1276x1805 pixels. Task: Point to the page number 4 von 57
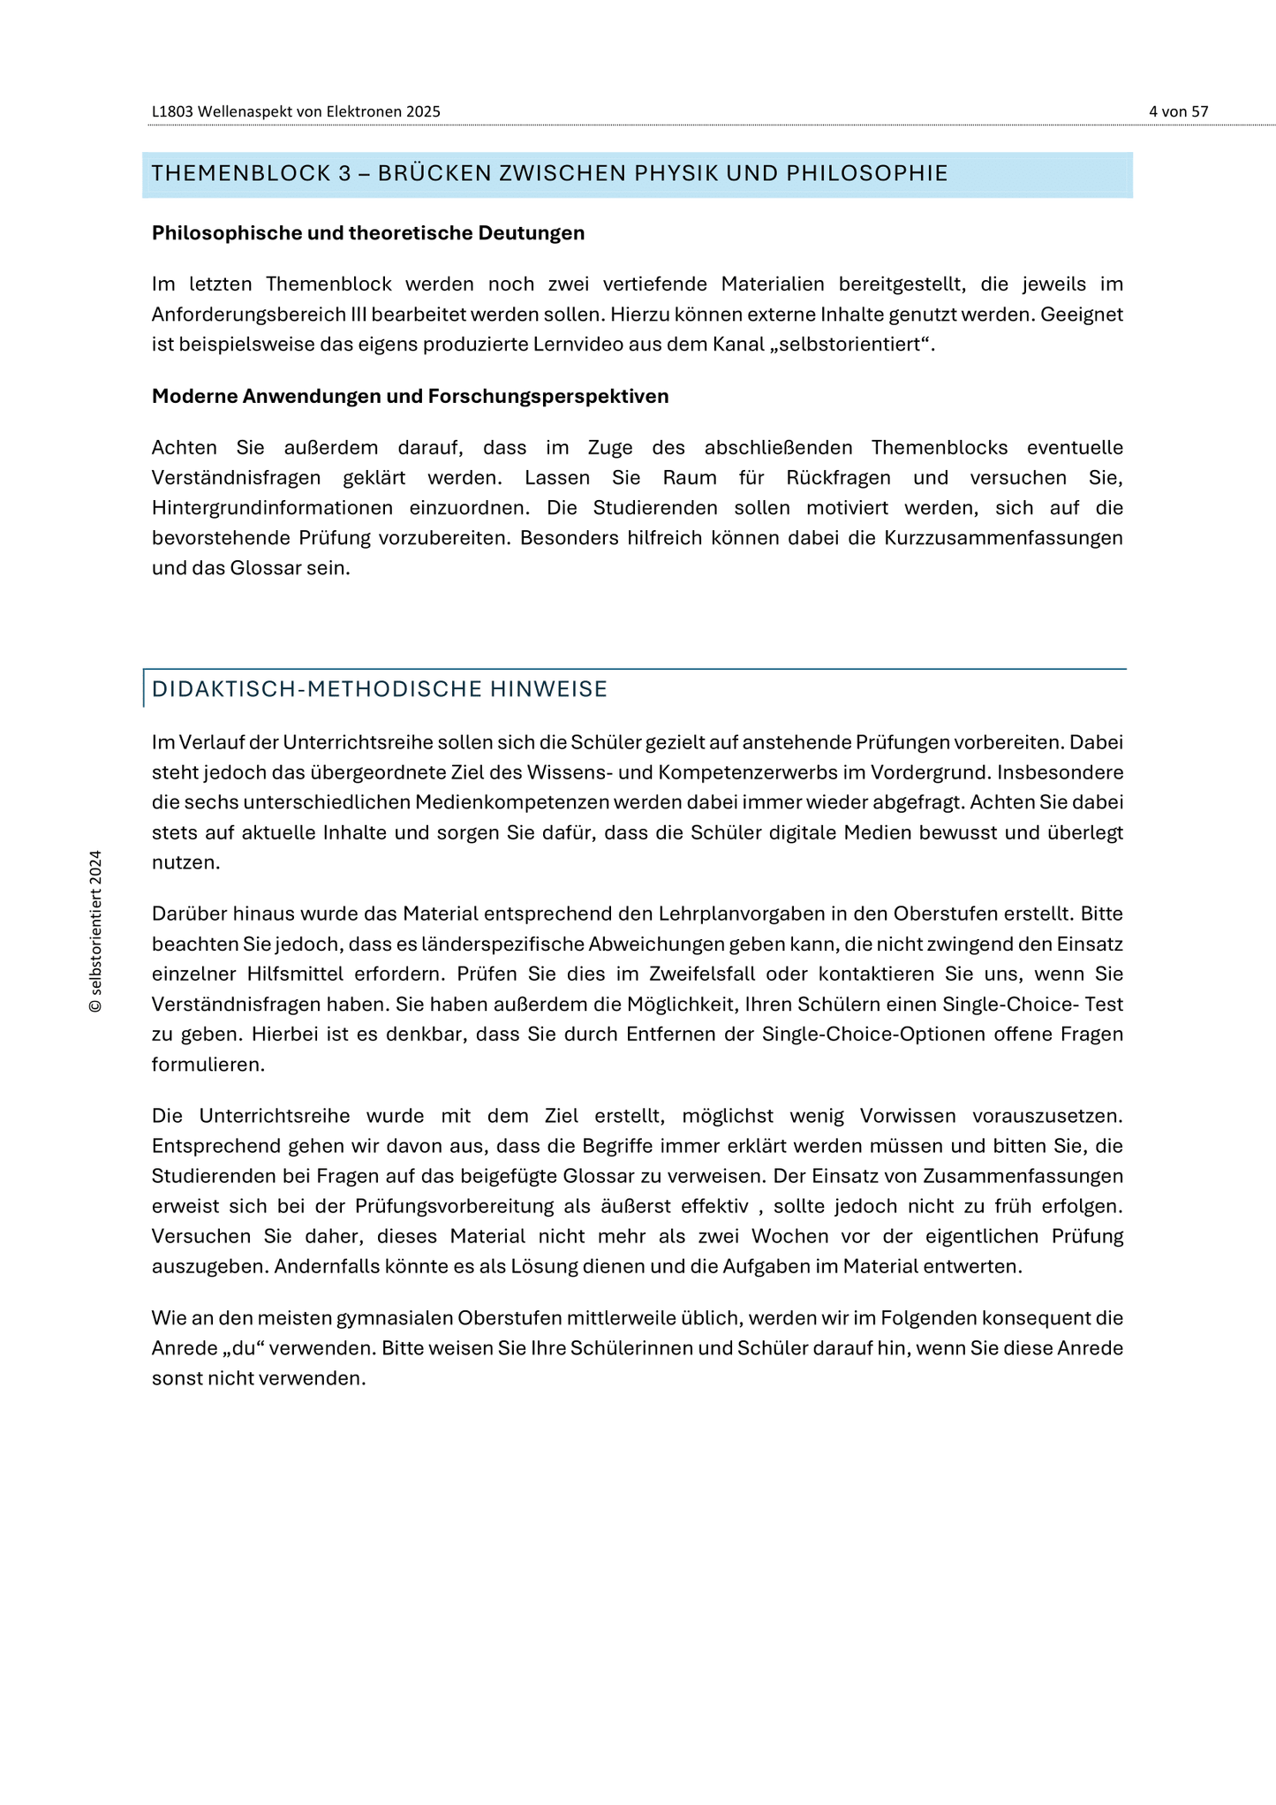click(1178, 112)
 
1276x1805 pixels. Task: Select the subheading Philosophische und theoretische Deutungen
click(368, 233)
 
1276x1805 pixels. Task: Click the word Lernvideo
click(574, 345)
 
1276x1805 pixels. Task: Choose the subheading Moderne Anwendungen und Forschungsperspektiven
click(410, 397)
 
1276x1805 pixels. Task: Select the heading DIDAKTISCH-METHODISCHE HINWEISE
click(380, 689)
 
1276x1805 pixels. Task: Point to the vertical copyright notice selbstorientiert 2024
click(96, 931)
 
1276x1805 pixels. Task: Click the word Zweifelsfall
click(696, 975)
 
